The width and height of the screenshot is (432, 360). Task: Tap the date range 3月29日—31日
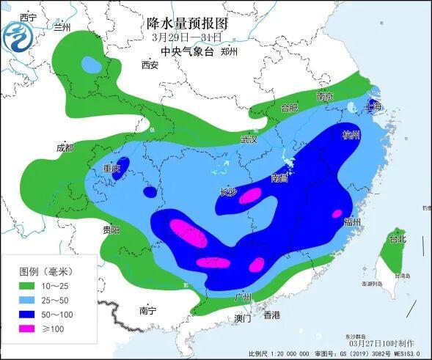189,37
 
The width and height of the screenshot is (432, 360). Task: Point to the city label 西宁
28,17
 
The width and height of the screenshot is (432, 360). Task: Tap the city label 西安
150,65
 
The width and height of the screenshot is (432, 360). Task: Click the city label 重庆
111,169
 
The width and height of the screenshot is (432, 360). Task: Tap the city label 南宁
147,311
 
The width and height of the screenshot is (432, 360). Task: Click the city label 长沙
228,193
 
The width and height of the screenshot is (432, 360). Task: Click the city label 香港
271,315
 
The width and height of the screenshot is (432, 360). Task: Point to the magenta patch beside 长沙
251,195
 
